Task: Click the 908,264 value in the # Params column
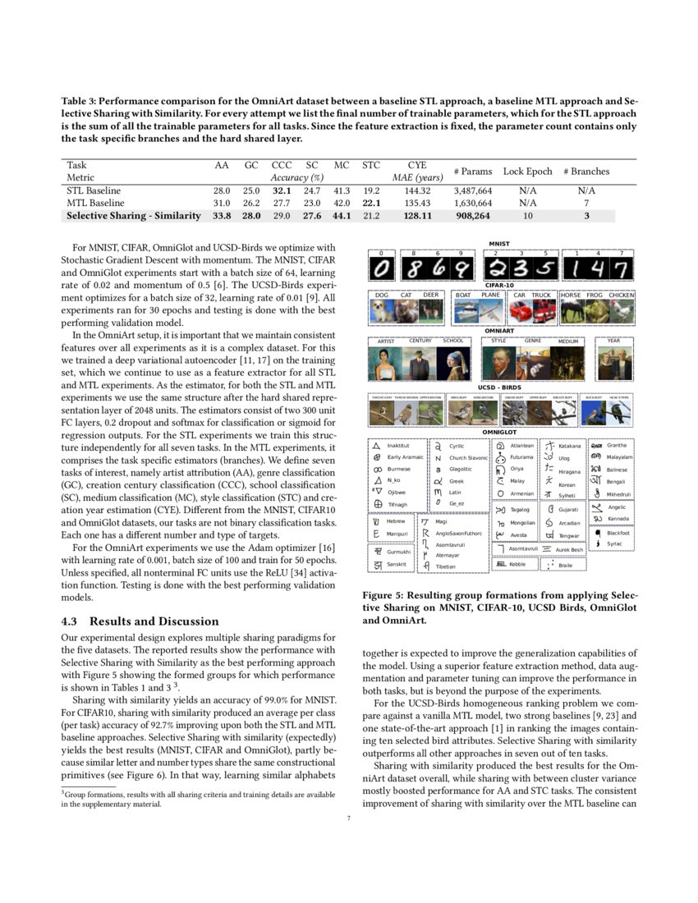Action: (471, 216)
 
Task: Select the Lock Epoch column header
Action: (527, 172)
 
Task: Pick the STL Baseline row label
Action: (93, 190)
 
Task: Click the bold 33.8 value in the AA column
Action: (221, 216)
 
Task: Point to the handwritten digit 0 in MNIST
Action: (381, 270)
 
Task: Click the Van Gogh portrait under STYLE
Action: (498, 360)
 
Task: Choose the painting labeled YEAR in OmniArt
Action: (613, 360)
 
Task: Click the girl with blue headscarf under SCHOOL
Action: (453, 360)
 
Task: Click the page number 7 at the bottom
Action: (349, 817)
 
